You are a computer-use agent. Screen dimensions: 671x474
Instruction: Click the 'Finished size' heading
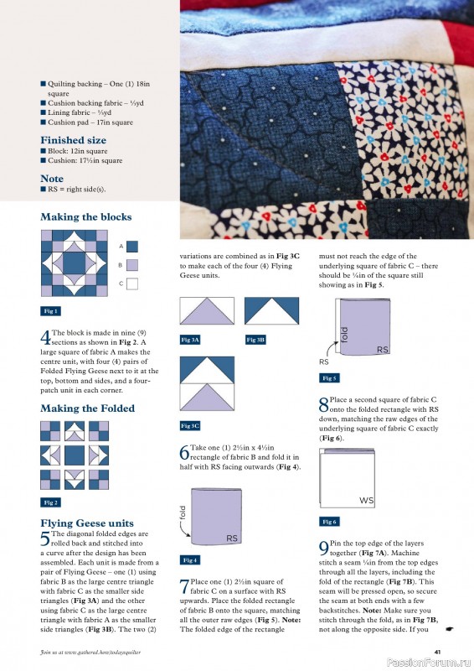point(74,140)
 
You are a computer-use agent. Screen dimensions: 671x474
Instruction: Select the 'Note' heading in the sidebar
point(52,179)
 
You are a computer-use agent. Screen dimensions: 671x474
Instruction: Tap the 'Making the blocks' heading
point(86,217)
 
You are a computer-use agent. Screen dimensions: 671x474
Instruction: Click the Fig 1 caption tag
point(51,310)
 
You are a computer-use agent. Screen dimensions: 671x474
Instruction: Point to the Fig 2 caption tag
point(51,502)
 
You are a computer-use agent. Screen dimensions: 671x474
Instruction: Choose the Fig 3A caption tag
point(191,340)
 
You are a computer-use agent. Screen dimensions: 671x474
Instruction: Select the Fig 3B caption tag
point(256,340)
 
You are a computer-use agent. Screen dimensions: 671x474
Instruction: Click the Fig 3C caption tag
point(191,425)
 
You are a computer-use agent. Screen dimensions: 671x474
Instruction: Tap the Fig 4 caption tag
point(191,559)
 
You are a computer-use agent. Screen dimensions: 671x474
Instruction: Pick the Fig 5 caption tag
point(330,377)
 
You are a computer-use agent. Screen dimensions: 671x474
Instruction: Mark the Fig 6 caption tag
point(330,522)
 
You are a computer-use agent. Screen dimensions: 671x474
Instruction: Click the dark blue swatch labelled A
point(132,246)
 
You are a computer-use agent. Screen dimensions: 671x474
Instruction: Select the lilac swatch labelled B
point(132,265)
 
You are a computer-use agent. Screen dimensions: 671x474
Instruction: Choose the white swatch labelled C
point(132,283)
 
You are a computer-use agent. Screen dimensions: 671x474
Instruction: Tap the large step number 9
point(324,549)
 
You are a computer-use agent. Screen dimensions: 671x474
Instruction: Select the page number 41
point(437,651)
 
